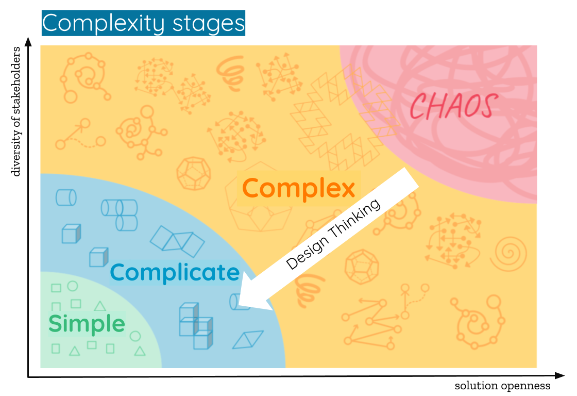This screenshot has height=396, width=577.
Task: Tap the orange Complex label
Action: [298, 188]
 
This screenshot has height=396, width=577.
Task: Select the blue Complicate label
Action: [175, 272]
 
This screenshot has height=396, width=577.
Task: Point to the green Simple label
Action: [87, 324]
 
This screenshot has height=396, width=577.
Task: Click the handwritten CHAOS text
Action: [454, 106]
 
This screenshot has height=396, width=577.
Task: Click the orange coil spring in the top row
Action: [230, 72]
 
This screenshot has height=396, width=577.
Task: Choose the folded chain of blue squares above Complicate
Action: [177, 241]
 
